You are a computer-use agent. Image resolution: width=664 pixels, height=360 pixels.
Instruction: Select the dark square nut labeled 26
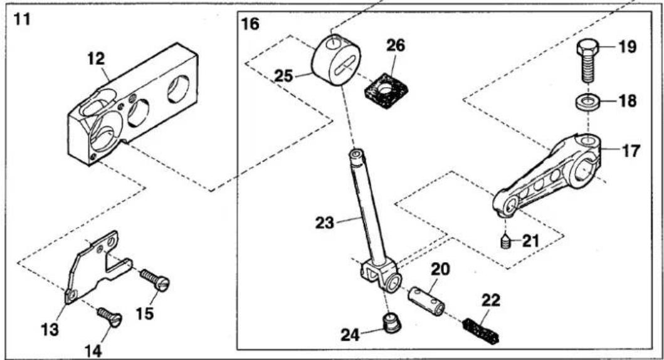coord(386,91)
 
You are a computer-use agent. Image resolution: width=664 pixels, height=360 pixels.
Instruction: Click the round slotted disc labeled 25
coord(336,60)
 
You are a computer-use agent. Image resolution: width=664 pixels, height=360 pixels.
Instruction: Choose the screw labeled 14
coord(109,316)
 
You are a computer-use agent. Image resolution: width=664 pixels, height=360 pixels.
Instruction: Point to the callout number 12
coord(96,59)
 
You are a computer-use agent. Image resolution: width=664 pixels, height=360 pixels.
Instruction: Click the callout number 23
coord(325,223)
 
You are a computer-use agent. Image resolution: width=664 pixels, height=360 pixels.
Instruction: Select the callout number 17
coord(631,151)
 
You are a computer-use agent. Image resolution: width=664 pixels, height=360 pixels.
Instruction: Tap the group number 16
coord(250,24)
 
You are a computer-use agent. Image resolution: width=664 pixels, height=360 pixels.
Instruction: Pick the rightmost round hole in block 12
coord(178,89)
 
